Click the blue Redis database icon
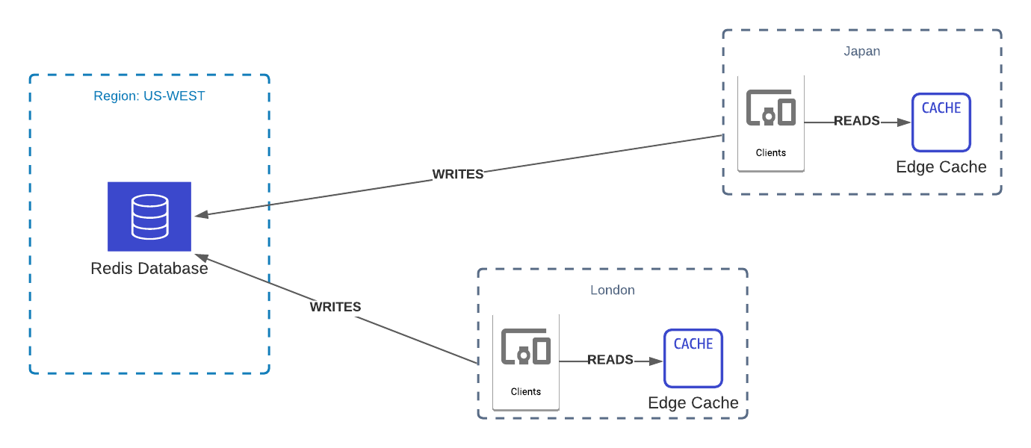tap(149, 217)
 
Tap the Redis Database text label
tap(149, 269)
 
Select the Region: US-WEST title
tap(149, 96)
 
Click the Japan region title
tap(861, 52)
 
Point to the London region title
tap(612, 290)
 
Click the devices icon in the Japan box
tap(771, 109)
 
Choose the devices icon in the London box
tap(526, 347)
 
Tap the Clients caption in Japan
tap(771, 153)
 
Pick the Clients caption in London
tap(526, 391)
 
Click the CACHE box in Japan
tap(941, 122)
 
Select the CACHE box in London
tap(693, 358)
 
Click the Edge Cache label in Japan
tap(941, 167)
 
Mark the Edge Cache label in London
tap(693, 403)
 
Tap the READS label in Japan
tap(856, 121)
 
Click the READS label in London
tap(610, 360)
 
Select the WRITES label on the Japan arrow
tap(458, 174)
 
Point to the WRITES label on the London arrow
tap(335, 307)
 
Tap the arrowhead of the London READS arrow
tap(657, 361)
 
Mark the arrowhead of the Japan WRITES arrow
tap(201, 215)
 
